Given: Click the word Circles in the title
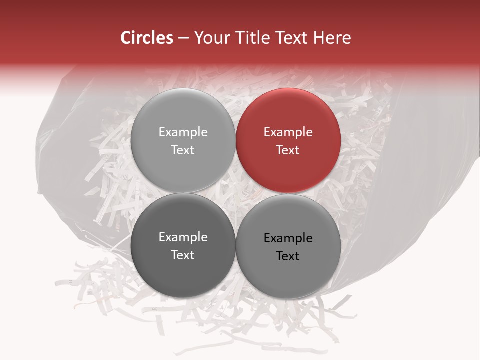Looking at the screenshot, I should point(147,38).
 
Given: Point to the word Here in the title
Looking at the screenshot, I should point(332,38).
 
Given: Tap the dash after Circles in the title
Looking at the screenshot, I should point(183,38).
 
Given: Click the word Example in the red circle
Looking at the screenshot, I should point(288,132).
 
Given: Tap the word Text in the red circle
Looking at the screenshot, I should point(288,150).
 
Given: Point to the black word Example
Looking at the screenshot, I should point(288,238).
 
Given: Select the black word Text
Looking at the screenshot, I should point(288,256).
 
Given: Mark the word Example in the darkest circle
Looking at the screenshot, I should point(183,237).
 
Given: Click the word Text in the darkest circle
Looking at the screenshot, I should point(183,255).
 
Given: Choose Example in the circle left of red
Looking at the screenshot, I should point(183,132).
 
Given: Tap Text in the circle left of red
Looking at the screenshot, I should point(183,150).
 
